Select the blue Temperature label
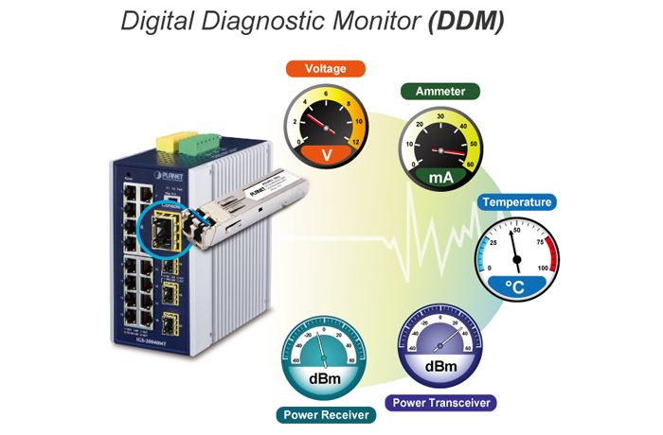[516, 201]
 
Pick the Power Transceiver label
[442, 403]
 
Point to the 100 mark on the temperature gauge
[543, 270]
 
